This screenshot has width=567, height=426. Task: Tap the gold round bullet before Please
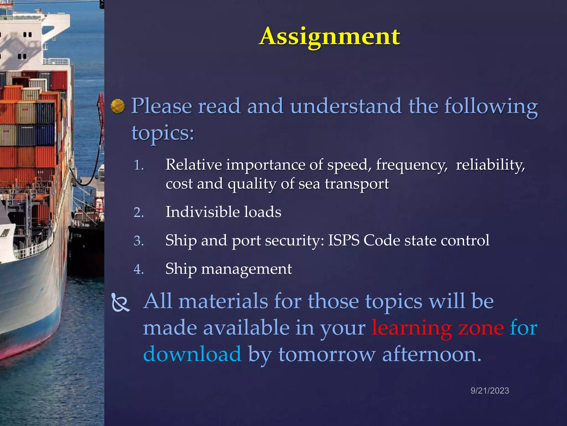click(x=118, y=106)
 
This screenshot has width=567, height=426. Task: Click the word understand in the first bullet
click(x=346, y=106)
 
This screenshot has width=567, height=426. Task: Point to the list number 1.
click(x=139, y=166)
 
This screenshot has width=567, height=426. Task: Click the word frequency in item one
click(x=411, y=165)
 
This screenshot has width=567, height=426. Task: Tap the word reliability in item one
click(x=490, y=165)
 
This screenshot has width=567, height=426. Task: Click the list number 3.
click(x=139, y=241)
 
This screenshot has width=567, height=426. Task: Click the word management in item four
click(x=246, y=269)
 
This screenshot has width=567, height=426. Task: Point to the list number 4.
click(x=139, y=269)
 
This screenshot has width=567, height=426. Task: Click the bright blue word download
click(x=192, y=354)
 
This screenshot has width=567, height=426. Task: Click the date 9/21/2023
click(x=489, y=391)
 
